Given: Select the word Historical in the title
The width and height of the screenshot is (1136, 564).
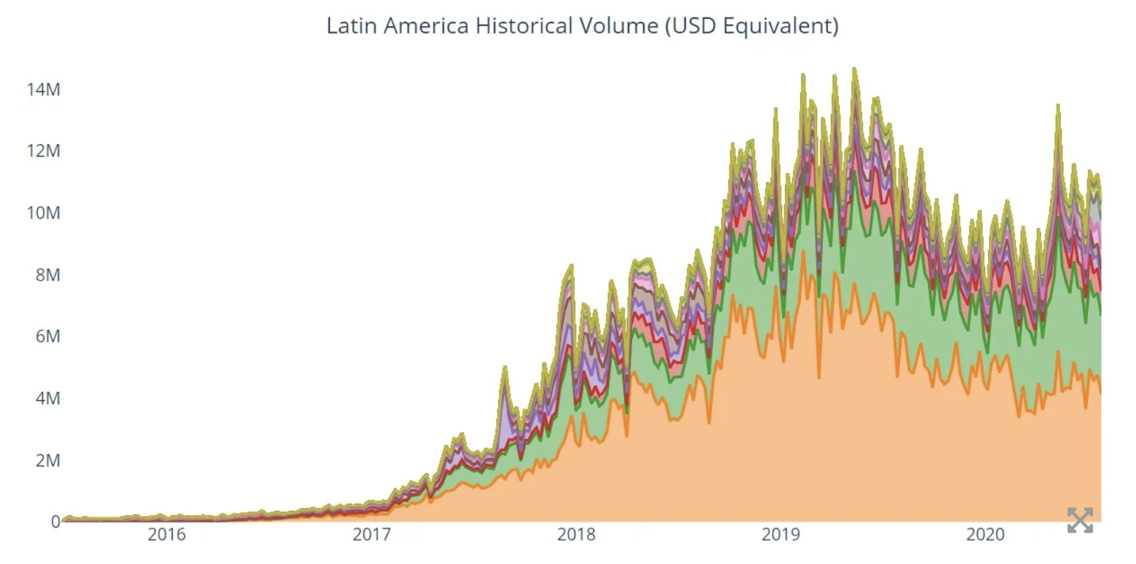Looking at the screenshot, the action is point(524,26).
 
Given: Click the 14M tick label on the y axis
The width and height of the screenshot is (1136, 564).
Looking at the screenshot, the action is point(44,90).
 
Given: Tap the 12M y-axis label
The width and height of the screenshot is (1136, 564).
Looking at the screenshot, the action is point(44,151).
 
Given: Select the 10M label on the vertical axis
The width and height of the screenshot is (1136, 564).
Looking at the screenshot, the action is point(44,213).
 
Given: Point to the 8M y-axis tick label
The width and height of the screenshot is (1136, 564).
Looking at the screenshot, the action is point(48,275).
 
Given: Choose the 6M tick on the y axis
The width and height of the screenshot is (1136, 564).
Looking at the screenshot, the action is point(48,336).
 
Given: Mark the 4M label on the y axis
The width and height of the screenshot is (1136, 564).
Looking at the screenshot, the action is point(48,398).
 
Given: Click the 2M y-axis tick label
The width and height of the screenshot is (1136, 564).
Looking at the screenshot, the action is point(48,460).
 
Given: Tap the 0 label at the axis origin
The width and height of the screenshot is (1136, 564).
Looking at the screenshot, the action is point(56,521).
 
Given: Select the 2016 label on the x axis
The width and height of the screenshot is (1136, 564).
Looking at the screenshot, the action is point(167,535).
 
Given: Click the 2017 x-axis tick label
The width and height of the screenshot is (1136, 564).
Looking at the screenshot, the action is point(371,535).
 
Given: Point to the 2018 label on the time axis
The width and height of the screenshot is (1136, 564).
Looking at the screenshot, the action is point(576,535).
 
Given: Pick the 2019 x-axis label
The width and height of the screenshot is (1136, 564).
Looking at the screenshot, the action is point(781,535).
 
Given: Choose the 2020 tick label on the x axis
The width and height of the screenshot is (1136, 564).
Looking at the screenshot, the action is point(985,535).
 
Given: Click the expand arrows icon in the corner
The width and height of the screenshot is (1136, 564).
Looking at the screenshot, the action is point(1080,520).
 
